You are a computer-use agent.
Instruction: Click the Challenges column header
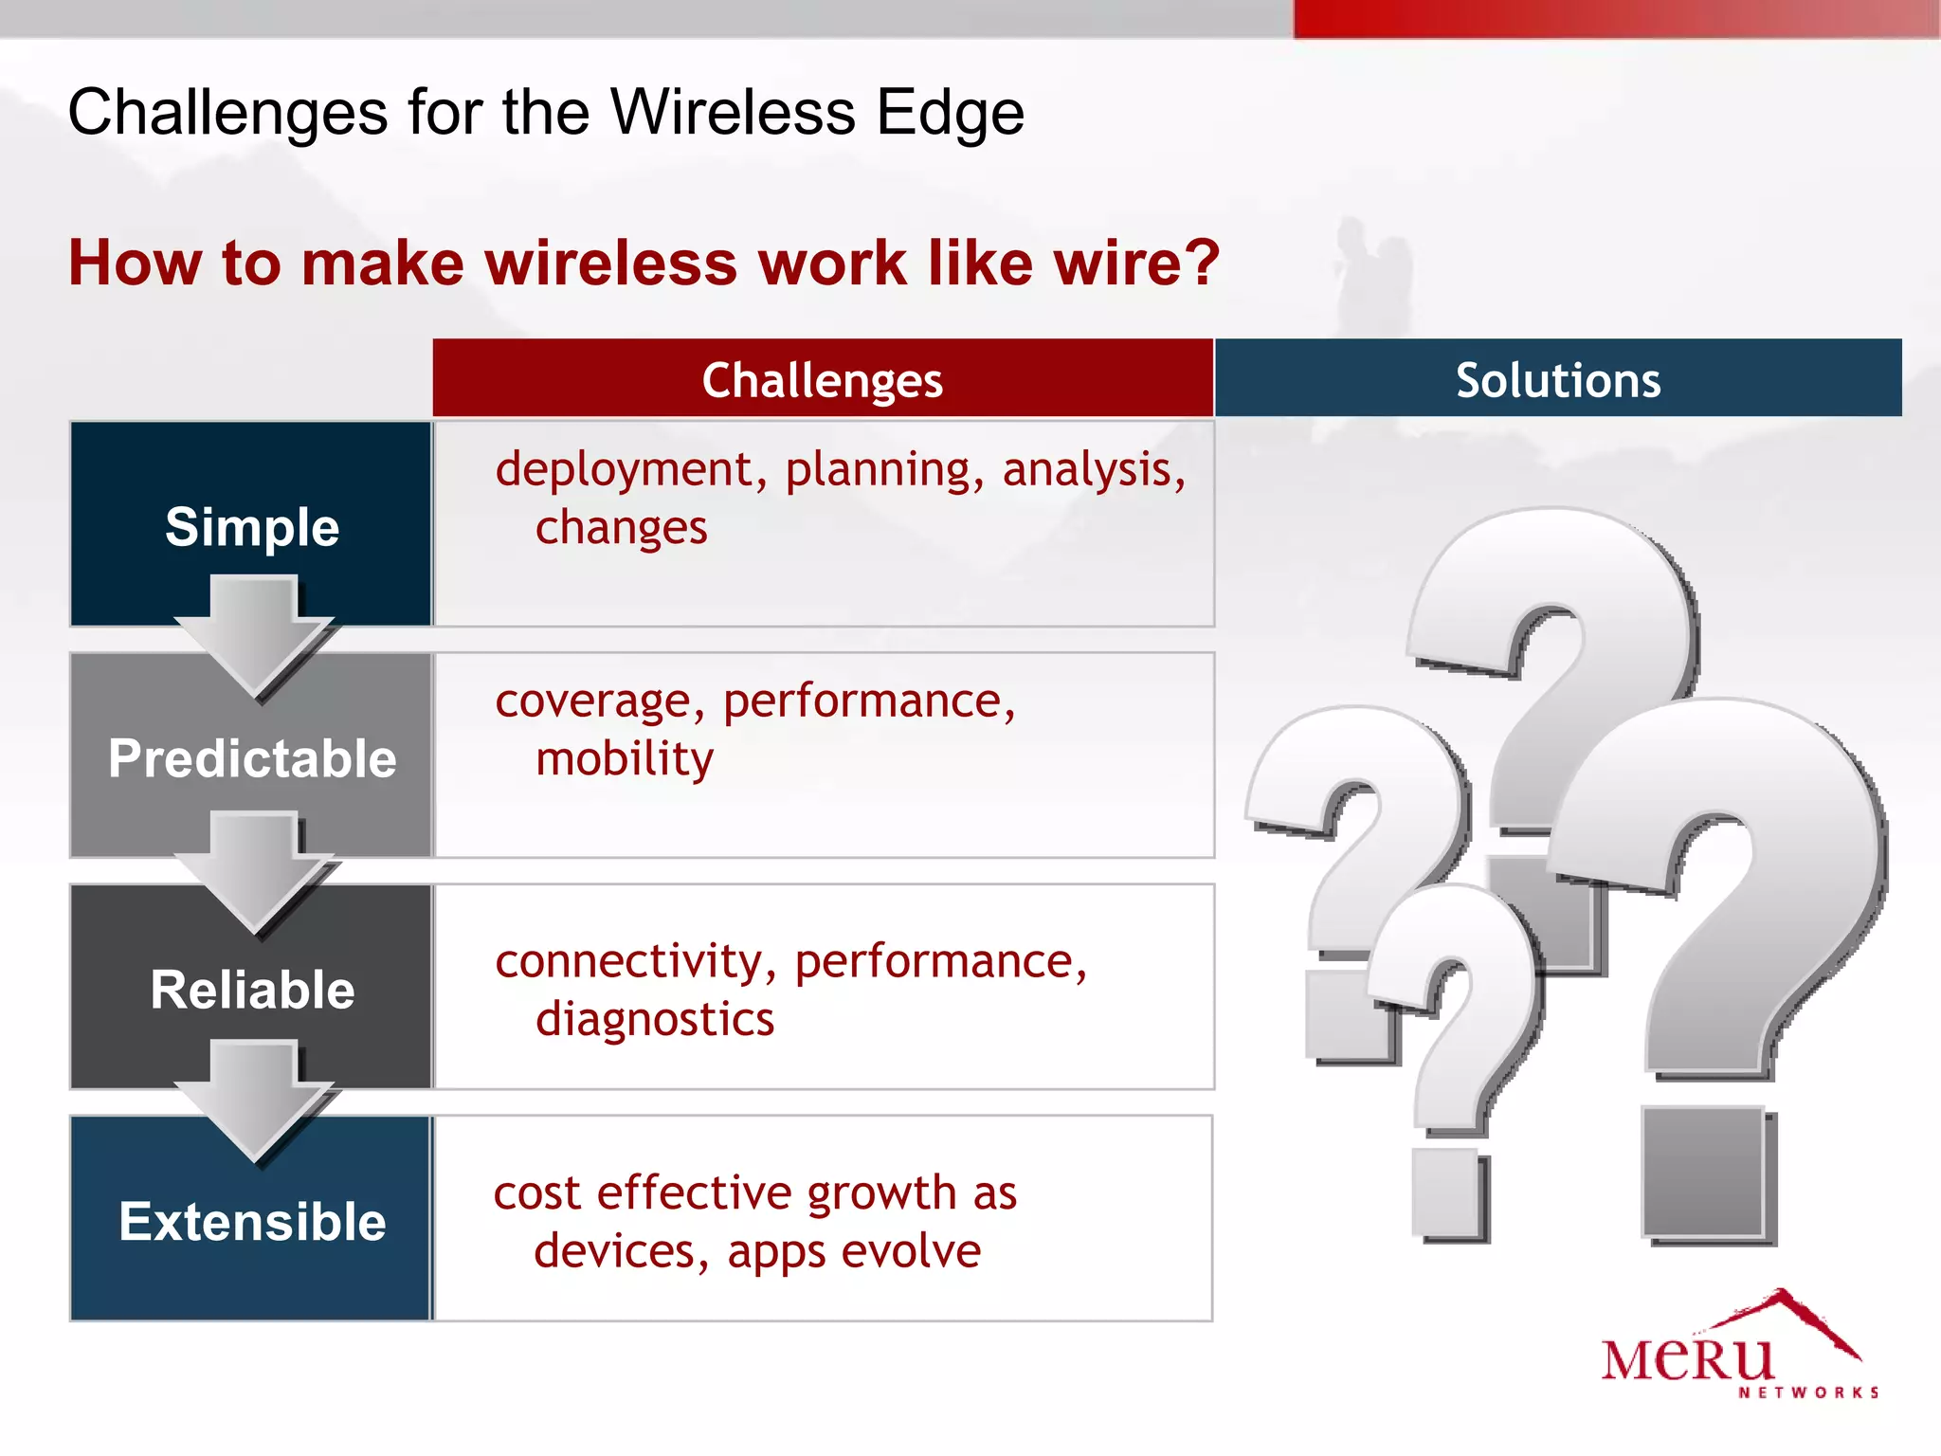(x=822, y=380)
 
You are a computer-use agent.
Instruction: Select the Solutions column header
(x=1557, y=380)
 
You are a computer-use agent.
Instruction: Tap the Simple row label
(x=252, y=527)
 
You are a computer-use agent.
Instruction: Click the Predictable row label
(x=252, y=758)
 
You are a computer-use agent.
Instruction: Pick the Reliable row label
(x=252, y=990)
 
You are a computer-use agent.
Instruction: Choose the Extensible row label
(x=252, y=1221)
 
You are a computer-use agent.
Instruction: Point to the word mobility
(x=624, y=759)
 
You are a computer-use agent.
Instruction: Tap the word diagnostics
(x=654, y=1020)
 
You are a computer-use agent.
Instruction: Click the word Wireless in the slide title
(x=733, y=113)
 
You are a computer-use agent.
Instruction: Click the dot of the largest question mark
(x=1704, y=1174)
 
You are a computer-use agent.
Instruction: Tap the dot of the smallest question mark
(x=1446, y=1194)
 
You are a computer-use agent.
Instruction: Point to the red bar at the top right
(x=1615, y=18)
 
